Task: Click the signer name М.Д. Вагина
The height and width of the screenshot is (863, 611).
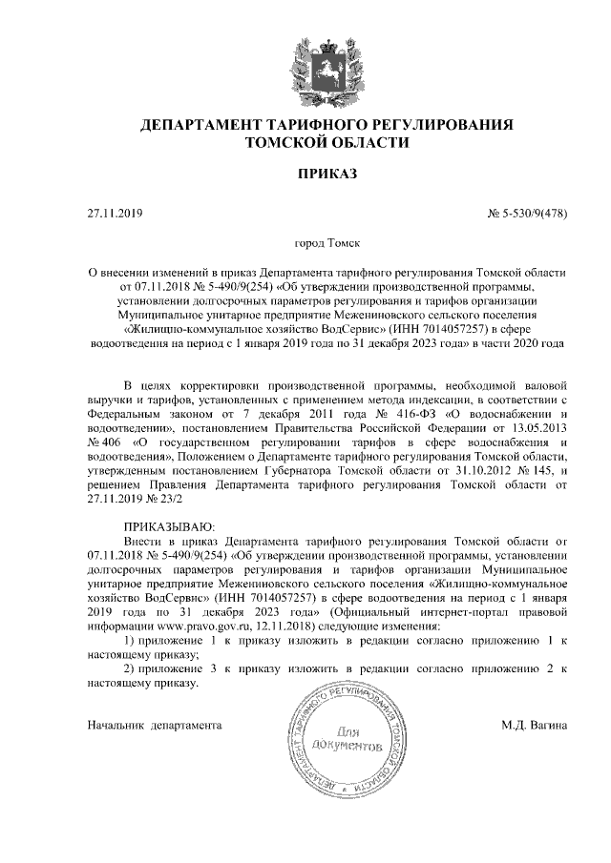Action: click(x=535, y=726)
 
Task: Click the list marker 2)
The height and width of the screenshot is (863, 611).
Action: click(x=133, y=668)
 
